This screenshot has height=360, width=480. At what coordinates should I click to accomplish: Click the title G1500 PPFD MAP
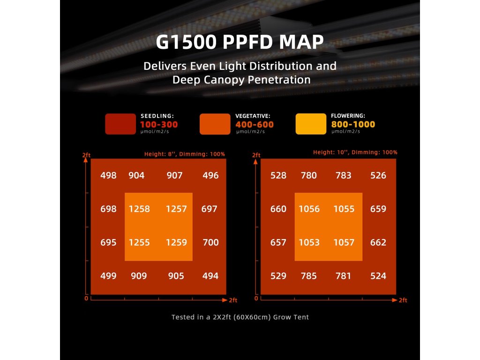click(x=240, y=42)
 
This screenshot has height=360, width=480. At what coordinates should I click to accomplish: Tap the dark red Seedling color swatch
click(x=120, y=124)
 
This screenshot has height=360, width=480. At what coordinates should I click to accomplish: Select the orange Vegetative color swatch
click(x=215, y=124)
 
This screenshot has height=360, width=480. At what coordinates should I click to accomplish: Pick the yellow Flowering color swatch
click(x=311, y=124)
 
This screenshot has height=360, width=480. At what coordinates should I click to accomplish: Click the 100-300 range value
click(x=159, y=125)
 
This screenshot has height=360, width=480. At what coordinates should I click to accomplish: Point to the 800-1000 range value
click(x=353, y=125)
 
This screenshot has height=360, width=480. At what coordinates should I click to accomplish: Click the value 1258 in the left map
click(x=140, y=209)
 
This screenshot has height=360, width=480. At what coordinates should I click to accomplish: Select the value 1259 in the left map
click(x=176, y=243)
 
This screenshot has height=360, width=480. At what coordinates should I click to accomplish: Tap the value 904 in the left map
click(x=136, y=176)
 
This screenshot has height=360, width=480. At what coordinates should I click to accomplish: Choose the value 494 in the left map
click(x=210, y=276)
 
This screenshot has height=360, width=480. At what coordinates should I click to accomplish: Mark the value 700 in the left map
click(x=210, y=243)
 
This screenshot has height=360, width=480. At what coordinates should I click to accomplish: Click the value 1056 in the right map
click(x=309, y=209)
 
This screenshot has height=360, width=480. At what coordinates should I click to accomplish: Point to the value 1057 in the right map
click(x=344, y=243)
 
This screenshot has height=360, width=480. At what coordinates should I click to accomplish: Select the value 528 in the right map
click(x=278, y=176)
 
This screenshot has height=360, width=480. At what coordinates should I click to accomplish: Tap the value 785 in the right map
click(x=309, y=276)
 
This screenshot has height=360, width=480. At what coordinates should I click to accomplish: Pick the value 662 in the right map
click(x=378, y=243)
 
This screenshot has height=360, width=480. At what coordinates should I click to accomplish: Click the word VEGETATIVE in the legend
click(x=253, y=116)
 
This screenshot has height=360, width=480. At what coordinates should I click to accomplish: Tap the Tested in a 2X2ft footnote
click(x=240, y=317)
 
